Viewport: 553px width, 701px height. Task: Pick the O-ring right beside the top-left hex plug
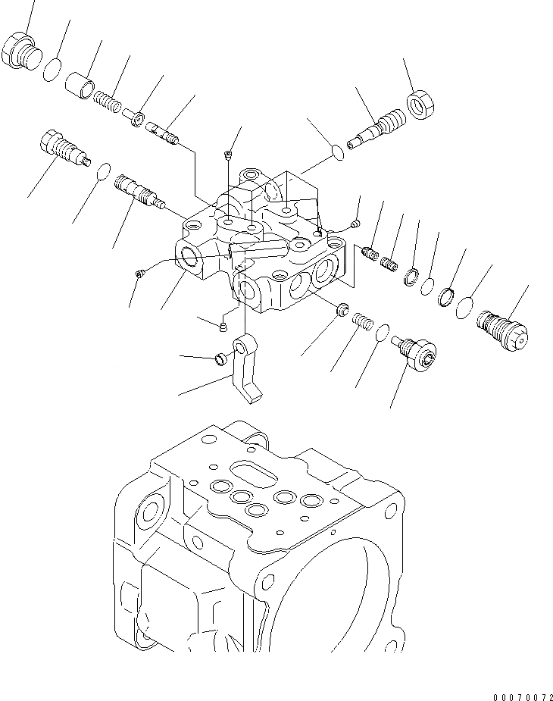pyautogui.click(x=52, y=69)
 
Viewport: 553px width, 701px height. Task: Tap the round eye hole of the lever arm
pyautogui.click(x=239, y=347)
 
